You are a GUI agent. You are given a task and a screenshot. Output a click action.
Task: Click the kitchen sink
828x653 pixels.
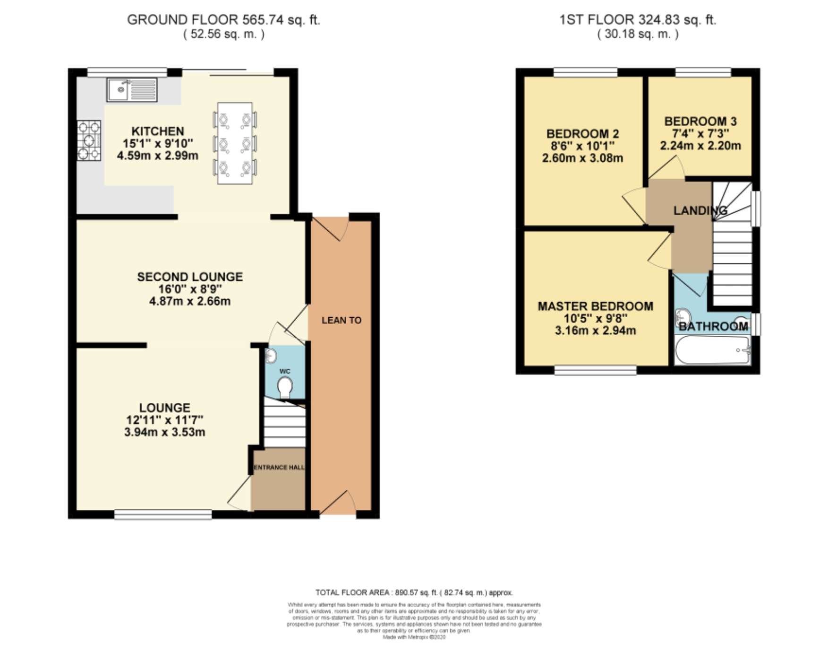pyautogui.click(x=132, y=90)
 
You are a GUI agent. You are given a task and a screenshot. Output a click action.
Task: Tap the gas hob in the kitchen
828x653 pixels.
pyautogui.click(x=89, y=140)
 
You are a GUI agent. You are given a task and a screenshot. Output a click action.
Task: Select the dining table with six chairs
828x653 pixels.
pyautogui.click(x=235, y=143)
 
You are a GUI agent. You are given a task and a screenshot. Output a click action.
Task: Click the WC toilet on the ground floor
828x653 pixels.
pyautogui.click(x=284, y=387)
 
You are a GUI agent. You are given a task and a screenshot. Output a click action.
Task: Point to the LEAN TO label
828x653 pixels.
pyautogui.click(x=341, y=320)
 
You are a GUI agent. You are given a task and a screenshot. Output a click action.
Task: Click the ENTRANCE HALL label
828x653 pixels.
pyautogui.click(x=279, y=467)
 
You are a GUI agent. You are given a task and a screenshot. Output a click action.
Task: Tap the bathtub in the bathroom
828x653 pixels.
pyautogui.click(x=712, y=350)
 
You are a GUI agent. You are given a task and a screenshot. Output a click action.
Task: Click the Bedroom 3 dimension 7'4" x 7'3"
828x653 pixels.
pyautogui.click(x=700, y=133)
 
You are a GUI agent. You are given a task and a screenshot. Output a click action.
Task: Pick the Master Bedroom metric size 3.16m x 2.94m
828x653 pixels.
pyautogui.click(x=595, y=331)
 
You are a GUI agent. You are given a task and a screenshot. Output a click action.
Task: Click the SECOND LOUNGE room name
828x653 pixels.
pyautogui.click(x=190, y=277)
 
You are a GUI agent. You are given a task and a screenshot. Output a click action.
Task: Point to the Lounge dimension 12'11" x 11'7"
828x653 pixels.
pyautogui.click(x=164, y=420)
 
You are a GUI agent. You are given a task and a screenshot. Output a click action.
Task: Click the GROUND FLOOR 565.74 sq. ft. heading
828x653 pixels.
pyautogui.click(x=223, y=20)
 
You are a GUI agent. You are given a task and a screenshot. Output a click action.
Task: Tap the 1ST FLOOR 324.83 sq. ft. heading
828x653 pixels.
pyautogui.click(x=638, y=20)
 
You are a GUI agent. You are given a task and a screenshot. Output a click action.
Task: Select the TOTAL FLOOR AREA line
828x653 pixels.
pyautogui.click(x=414, y=592)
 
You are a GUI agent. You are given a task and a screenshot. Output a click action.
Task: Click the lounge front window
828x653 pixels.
pyautogui.click(x=163, y=514)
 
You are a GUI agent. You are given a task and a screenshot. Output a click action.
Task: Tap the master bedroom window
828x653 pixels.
pyautogui.click(x=595, y=370)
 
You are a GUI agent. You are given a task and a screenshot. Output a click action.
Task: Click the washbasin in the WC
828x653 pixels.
pyautogui.click(x=270, y=356)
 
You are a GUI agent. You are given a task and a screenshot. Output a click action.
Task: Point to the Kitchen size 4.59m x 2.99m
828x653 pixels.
pyautogui.click(x=157, y=156)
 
